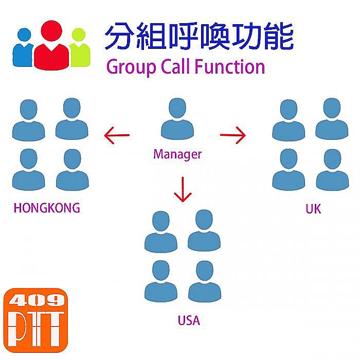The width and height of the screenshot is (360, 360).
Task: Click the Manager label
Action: point(177,154)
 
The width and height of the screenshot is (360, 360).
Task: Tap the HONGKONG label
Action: point(47,208)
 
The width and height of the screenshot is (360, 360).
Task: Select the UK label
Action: point(313,209)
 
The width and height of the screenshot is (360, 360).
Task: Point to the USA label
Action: point(189,320)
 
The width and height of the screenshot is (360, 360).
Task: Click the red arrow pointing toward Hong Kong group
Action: point(117,135)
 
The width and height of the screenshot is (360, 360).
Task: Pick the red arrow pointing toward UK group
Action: point(233,135)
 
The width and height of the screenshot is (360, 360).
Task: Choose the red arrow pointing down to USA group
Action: point(183,189)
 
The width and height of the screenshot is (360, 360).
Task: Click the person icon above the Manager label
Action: point(177,119)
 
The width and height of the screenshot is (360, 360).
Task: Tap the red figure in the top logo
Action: point(51,45)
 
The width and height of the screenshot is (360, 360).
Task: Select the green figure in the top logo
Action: point(80,47)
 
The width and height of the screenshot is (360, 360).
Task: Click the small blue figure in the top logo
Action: point(23,47)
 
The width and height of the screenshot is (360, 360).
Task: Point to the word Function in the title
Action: point(229,66)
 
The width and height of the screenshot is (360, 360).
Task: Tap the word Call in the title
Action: point(176,66)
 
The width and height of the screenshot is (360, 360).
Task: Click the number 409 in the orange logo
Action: point(37,300)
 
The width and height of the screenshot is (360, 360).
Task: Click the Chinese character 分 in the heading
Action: point(119,36)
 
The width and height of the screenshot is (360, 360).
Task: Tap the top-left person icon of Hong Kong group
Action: point(28,120)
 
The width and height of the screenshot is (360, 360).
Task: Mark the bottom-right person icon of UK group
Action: point(332,170)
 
